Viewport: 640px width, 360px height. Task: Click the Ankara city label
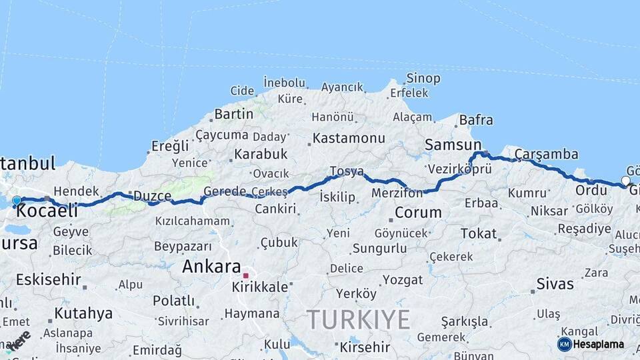tap(211, 266)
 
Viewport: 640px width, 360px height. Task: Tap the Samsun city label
tap(453, 145)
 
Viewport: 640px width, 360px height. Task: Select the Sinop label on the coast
tap(423, 79)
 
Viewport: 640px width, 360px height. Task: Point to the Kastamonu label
tap(349, 139)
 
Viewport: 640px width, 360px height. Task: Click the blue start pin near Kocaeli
tap(17, 200)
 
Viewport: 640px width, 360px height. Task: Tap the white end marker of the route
tap(625, 180)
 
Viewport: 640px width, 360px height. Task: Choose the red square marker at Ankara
tap(245, 275)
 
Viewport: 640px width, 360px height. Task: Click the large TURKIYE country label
tap(359, 321)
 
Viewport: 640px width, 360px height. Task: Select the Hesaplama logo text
tap(598, 345)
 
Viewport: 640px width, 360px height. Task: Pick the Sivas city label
tap(555, 284)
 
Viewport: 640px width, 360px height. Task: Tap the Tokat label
tap(479, 233)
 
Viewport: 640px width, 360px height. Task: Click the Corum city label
tap(418, 213)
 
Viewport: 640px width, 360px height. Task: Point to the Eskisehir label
tap(48, 279)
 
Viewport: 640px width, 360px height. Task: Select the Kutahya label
tap(83, 313)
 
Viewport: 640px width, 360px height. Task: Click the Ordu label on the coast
tap(591, 190)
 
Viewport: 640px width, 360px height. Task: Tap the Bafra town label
tap(476, 121)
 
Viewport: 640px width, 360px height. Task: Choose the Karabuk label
tap(261, 154)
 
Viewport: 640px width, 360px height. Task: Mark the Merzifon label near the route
tap(398, 193)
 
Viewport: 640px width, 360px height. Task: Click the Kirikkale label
tap(260, 287)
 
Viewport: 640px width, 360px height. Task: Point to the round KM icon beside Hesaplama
tap(564, 345)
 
